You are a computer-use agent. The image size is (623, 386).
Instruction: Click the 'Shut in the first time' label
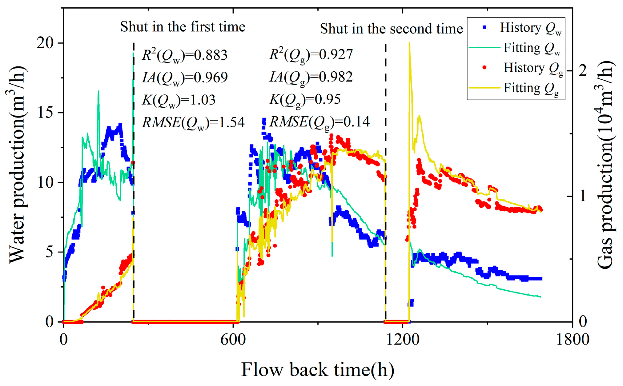[x=183, y=27]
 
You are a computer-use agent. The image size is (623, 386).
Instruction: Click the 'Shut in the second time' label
[x=391, y=29]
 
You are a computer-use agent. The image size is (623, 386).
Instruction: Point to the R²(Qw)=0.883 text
[x=185, y=55]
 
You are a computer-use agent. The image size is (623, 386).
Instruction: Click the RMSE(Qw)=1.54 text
[x=193, y=123]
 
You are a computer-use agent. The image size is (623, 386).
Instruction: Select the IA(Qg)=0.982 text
[x=311, y=77]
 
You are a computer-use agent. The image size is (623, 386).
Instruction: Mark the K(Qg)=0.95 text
[x=305, y=100]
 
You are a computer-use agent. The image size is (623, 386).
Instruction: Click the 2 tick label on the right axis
[x=583, y=71]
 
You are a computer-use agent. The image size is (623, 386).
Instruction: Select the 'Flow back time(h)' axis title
[x=318, y=369]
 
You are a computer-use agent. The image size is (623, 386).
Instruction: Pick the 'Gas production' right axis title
[x=606, y=165]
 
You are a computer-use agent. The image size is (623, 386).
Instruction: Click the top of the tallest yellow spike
[x=409, y=43]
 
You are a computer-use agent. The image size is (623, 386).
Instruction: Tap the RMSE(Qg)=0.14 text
[x=320, y=122]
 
